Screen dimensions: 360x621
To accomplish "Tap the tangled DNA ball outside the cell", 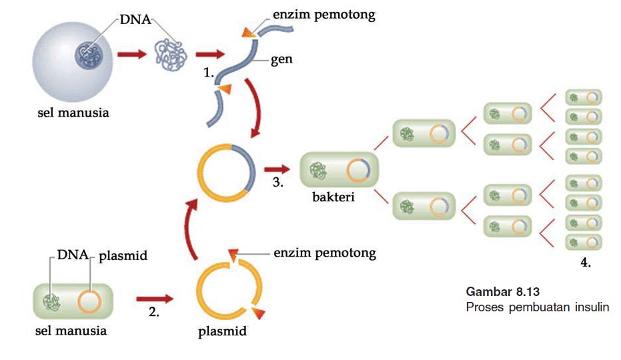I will click(169, 54).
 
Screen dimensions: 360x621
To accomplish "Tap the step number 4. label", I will click(585, 263).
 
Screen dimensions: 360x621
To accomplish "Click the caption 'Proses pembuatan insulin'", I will click(537, 308).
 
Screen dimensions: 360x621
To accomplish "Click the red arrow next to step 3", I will click(277, 169).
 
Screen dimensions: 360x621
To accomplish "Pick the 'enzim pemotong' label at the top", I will click(324, 15).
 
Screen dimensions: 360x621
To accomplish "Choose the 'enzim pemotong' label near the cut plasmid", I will click(325, 253).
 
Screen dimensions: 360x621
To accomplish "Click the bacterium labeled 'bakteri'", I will click(340, 171).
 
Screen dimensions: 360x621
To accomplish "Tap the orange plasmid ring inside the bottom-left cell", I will click(89, 301).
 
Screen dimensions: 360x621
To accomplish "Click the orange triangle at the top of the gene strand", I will click(247, 32).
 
